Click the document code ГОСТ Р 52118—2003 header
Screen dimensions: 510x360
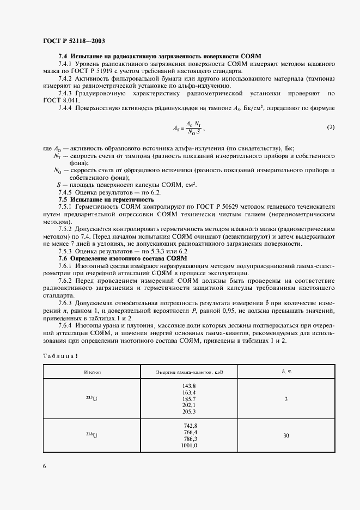[74, 41]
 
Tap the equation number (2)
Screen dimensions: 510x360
[330, 127]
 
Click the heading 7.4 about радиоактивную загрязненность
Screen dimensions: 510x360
[160, 56]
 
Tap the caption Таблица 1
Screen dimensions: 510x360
[60, 356]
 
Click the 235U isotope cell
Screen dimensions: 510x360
[93, 399]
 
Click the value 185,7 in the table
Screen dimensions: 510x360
[189, 399]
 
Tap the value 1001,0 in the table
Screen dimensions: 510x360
[188, 445]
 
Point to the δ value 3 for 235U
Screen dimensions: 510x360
[286, 399]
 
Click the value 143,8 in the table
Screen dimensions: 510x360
[189, 386]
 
